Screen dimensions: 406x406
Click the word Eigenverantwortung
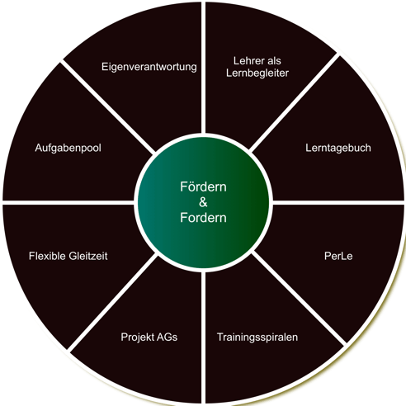tap(149, 67)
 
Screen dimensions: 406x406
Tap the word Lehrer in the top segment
tap(246, 61)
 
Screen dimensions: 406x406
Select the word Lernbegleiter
tap(257, 73)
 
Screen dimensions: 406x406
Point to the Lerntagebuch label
tap(338, 148)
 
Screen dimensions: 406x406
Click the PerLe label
tap(338, 256)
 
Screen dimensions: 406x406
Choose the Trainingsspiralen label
tap(257, 338)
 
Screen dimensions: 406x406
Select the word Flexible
tap(47, 256)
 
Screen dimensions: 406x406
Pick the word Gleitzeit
tap(88, 256)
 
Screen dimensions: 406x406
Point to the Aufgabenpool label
tap(68, 149)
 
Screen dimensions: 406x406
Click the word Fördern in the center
tap(203, 186)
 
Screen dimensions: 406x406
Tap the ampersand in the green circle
tap(203, 202)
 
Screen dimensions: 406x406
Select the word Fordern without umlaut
tap(203, 218)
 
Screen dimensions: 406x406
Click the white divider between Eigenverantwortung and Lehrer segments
tap(203, 68)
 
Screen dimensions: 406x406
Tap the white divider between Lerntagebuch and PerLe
tap(338, 202)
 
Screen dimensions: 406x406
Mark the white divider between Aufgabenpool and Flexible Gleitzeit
tap(68, 202)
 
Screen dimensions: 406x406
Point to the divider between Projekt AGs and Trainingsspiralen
tap(203, 338)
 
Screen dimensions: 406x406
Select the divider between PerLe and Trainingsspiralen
tap(299, 298)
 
